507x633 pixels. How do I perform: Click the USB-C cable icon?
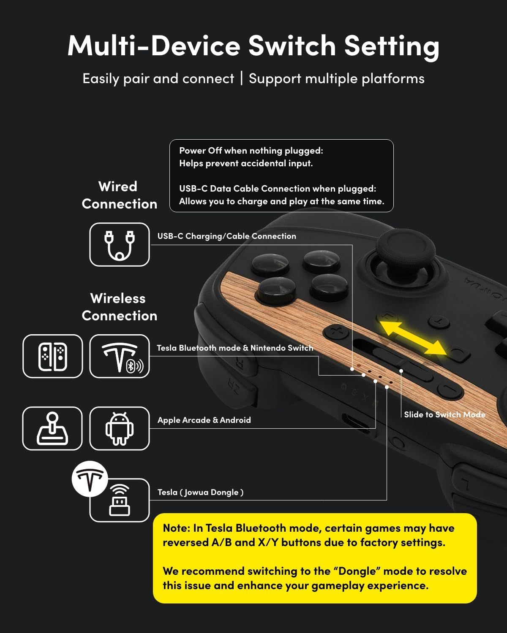pos(120,245)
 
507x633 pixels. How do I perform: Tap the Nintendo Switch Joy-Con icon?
pos(53,356)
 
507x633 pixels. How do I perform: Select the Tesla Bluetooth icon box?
pos(120,356)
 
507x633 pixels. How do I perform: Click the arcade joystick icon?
pos(52,428)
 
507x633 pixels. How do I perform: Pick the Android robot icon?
pos(120,428)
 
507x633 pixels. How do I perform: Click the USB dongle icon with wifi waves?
pos(120,500)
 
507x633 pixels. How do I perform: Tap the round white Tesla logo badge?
pos(90,479)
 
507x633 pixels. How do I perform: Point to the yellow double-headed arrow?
pos(413,338)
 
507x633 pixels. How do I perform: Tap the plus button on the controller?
pos(336,331)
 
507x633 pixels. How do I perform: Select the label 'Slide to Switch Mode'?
pos(444,415)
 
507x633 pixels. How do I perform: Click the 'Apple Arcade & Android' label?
pos(204,420)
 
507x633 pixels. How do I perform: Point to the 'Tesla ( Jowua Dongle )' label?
pos(200,492)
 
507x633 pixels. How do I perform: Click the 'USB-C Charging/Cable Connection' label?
pos(226,236)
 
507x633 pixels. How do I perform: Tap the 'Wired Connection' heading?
pos(119,195)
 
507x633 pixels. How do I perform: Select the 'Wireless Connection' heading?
pos(119,307)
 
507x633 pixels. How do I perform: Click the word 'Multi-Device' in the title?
pos(154,46)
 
